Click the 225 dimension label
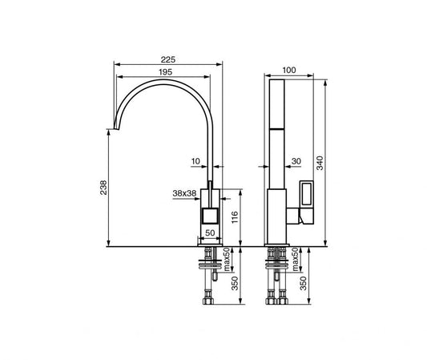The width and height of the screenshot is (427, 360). click(x=168, y=59)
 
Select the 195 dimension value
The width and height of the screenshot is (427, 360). click(x=166, y=72)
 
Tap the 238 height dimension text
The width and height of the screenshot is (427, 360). click(x=103, y=188)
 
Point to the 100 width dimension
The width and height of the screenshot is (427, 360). click(x=289, y=70)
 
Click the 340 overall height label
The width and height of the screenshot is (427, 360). click(x=320, y=163)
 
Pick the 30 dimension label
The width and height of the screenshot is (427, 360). click(x=296, y=161)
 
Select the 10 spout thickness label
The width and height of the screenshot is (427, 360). click(x=195, y=161)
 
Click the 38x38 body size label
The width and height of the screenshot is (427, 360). click(x=184, y=193)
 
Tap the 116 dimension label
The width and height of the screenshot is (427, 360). click(x=235, y=217)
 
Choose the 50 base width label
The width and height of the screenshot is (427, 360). click(x=210, y=233)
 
